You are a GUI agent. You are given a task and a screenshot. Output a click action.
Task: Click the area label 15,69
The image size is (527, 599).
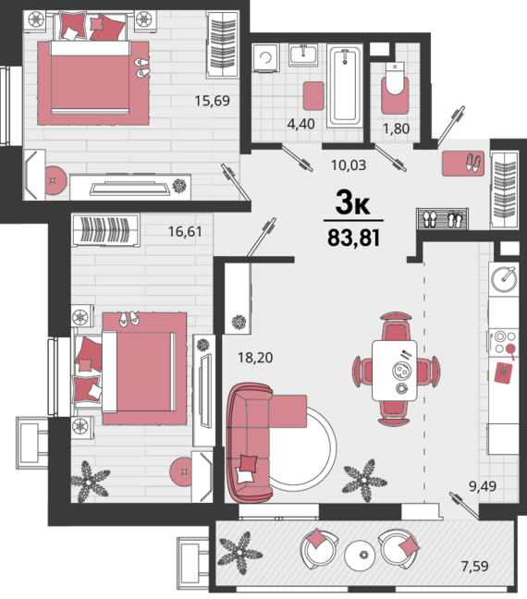(212, 101)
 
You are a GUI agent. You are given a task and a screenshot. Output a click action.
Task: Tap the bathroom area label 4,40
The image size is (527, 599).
(300, 124)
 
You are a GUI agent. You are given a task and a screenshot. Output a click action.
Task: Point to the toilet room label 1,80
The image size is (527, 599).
(396, 128)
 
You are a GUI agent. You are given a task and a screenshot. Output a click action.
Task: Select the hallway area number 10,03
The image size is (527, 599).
(349, 165)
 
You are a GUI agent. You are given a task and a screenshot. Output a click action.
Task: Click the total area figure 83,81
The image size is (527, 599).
(353, 238)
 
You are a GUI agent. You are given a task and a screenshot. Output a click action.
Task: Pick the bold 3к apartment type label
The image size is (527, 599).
(353, 202)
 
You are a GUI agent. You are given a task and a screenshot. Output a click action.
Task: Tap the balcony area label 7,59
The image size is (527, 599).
(474, 566)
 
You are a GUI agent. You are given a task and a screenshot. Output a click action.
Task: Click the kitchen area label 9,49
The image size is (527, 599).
(483, 486)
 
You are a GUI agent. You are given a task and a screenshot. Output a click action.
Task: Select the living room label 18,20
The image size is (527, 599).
(255, 358)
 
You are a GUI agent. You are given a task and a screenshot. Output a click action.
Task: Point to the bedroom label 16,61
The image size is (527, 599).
(185, 231)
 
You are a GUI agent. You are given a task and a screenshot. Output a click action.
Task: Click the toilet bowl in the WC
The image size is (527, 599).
(395, 78)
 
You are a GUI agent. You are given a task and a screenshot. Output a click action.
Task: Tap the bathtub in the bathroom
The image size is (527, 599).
(345, 86)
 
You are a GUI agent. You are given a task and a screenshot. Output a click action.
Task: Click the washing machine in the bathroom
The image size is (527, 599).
(265, 57)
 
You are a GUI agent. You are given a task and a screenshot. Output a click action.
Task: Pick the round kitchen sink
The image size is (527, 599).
(504, 279)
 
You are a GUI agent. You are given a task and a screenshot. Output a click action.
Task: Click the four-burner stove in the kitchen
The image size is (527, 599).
(503, 342)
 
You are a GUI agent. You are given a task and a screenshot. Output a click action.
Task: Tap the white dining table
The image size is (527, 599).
(395, 371)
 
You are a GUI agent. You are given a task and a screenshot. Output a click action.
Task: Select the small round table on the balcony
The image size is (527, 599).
(360, 555)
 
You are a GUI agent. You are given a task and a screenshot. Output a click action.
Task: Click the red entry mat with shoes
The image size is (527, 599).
(463, 164)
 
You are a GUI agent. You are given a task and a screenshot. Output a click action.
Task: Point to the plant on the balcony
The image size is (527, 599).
(240, 553)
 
